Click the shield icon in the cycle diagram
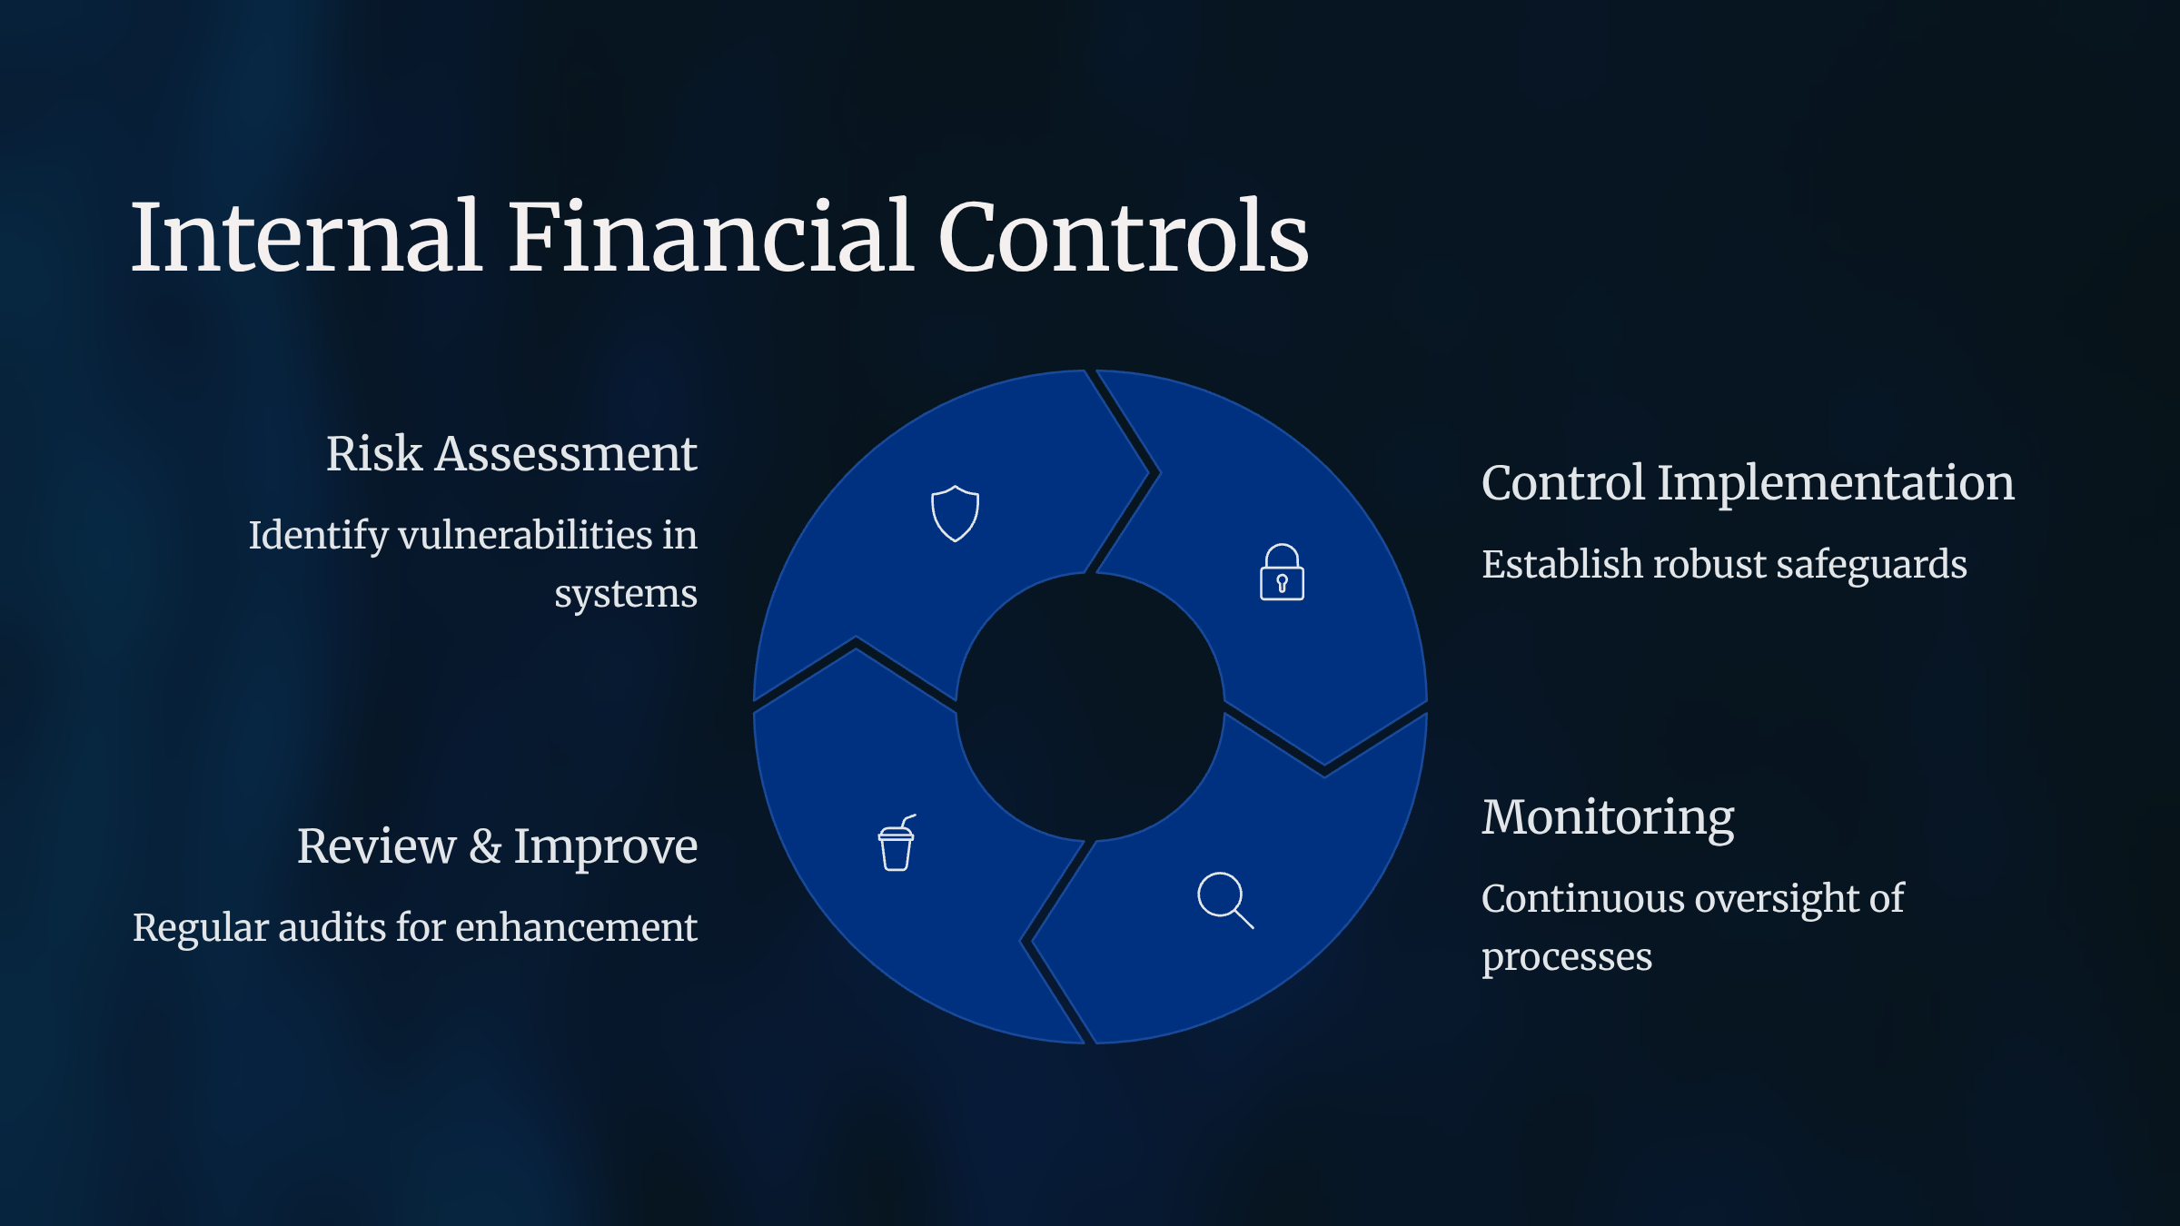point(955,513)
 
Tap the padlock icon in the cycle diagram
point(1282,572)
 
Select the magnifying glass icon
point(1225,901)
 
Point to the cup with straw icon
point(897,843)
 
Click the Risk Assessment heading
point(511,454)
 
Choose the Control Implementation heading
point(1748,483)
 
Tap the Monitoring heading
point(1608,817)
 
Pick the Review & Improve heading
point(497,846)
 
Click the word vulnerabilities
point(525,535)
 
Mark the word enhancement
point(576,927)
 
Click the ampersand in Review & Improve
point(485,846)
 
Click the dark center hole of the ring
point(1090,707)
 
